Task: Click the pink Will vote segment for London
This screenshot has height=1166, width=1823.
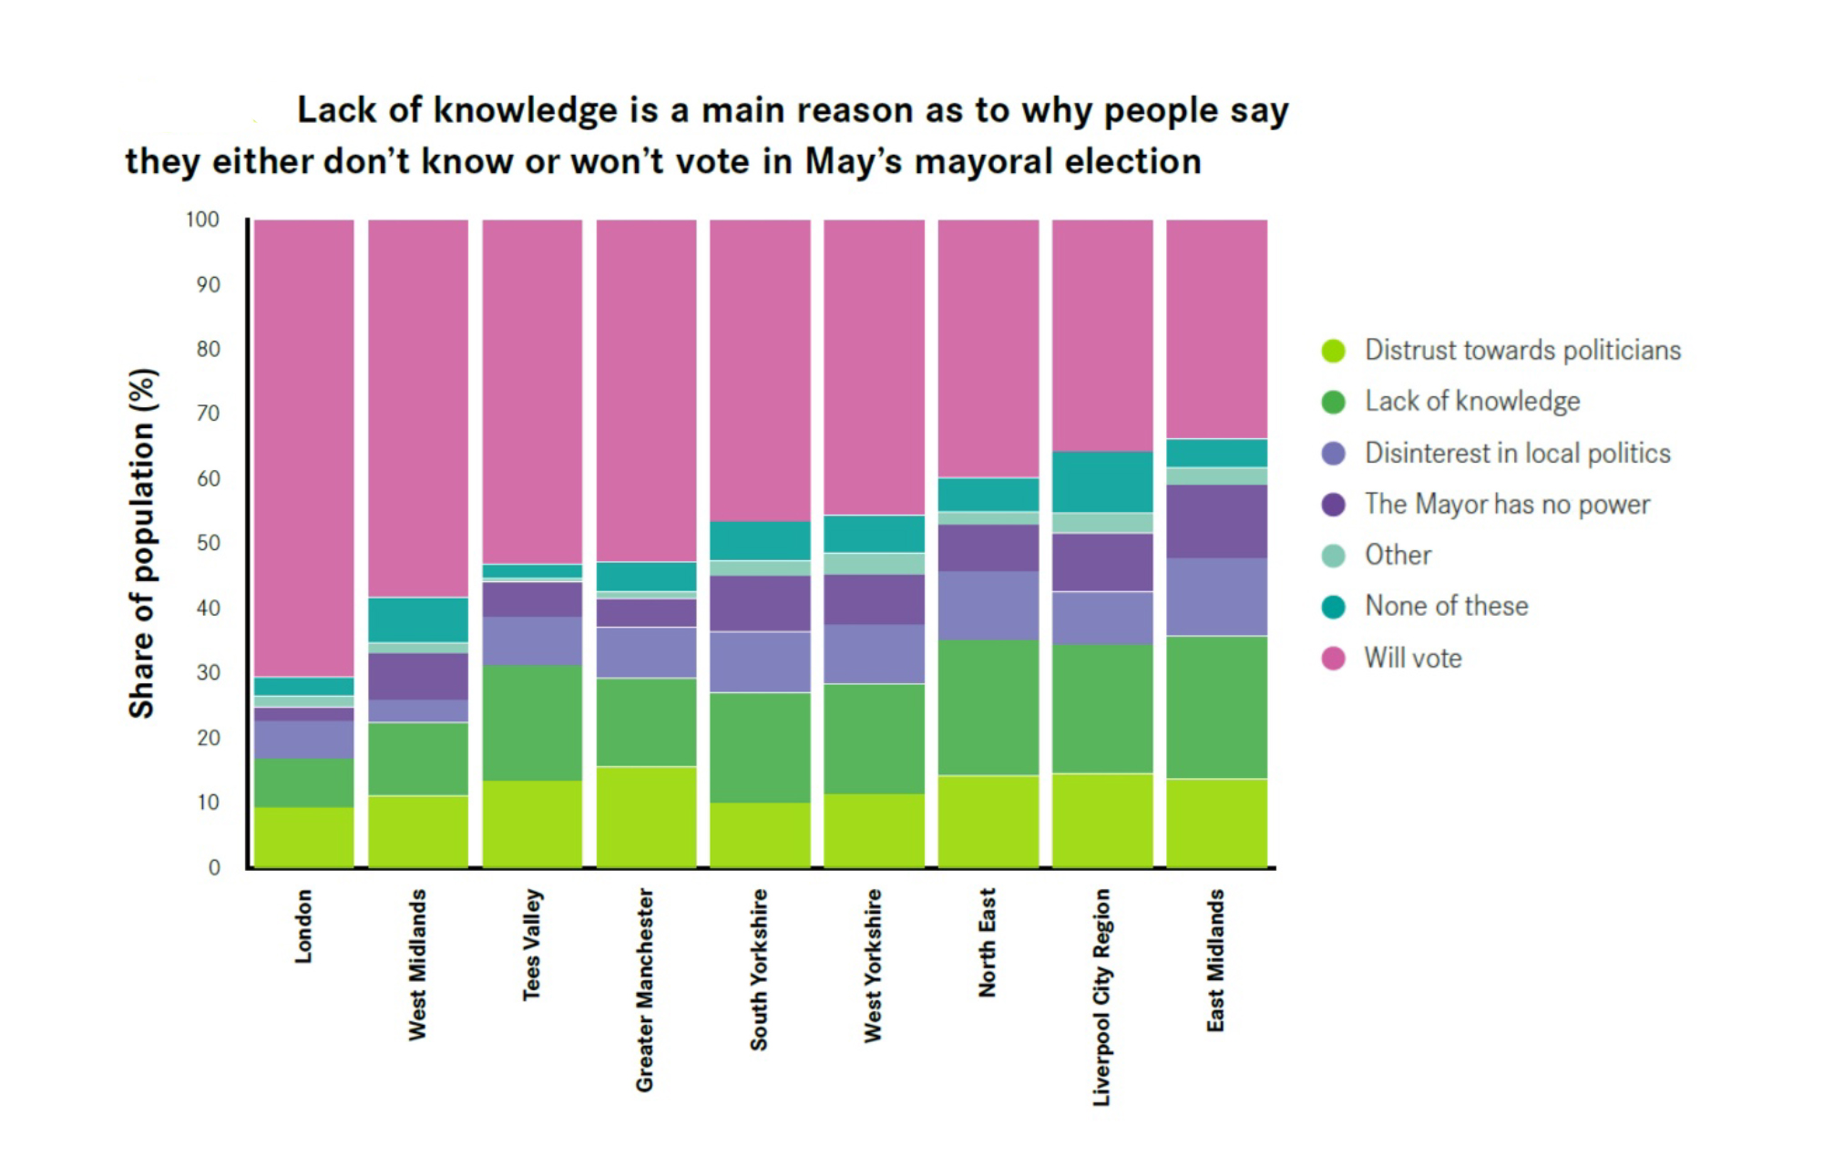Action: [303, 447]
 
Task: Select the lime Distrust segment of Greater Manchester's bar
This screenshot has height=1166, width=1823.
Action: [646, 816]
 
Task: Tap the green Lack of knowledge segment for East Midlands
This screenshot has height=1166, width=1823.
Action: [1216, 707]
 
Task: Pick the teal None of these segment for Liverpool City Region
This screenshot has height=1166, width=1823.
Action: [1102, 482]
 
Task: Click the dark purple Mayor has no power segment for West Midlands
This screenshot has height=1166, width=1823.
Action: [418, 676]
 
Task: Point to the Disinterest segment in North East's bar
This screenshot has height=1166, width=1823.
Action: [988, 605]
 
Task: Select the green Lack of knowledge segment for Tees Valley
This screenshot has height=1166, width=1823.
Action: [532, 722]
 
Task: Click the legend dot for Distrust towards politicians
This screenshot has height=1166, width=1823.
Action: [1333, 351]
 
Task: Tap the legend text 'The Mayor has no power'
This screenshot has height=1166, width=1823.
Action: [1506, 504]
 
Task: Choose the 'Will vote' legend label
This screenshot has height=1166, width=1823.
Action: [1412, 658]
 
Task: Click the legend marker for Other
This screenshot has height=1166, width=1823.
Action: [1333, 556]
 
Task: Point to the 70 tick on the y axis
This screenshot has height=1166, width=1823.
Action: [209, 414]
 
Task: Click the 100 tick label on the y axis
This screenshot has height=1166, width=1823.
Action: [202, 220]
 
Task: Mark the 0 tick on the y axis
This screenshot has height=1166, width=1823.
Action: [214, 867]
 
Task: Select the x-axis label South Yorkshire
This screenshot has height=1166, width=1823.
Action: [759, 969]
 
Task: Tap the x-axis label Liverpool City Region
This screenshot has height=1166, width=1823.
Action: [1101, 997]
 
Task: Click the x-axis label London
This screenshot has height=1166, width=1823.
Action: [303, 926]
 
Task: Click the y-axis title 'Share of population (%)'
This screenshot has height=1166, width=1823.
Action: [142, 543]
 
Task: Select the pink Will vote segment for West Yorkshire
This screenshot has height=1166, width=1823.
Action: [874, 367]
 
